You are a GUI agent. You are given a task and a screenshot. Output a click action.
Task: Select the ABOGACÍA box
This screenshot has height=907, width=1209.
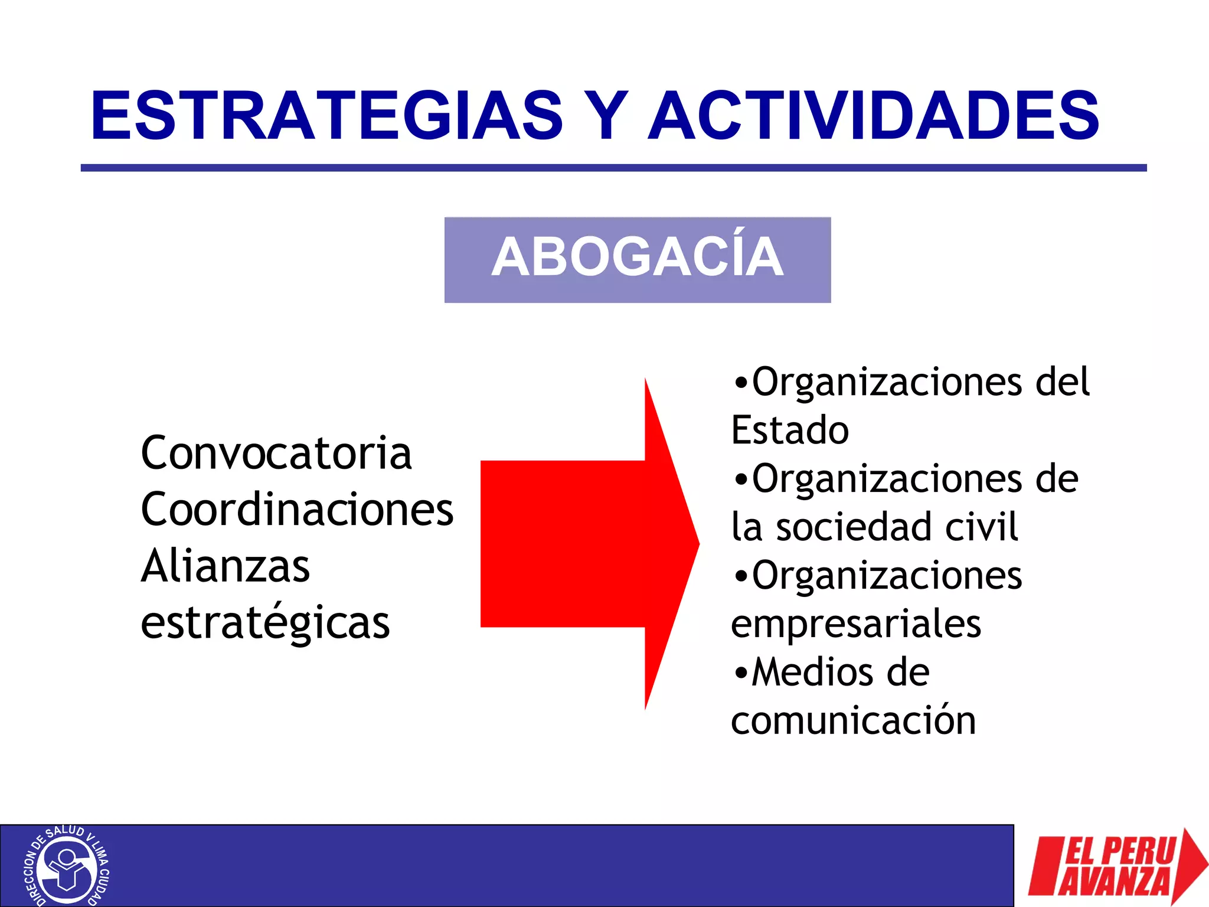[638, 260]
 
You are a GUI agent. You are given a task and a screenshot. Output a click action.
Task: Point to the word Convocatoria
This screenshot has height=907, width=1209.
[276, 453]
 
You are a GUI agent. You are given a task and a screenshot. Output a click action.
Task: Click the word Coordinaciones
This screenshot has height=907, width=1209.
[297, 510]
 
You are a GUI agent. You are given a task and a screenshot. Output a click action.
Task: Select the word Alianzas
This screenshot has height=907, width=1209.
[226, 566]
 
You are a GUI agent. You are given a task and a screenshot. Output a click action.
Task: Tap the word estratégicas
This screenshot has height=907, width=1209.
[266, 624]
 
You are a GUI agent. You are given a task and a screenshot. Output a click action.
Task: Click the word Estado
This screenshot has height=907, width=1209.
[790, 430]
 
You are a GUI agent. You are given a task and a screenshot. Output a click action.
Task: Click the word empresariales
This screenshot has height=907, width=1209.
[856, 624]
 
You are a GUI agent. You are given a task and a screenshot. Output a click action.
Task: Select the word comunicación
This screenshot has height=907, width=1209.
[854, 722]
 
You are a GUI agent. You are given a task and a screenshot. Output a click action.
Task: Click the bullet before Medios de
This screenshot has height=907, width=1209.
[740, 673]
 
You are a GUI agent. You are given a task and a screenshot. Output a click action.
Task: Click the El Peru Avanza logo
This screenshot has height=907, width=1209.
[1116, 866]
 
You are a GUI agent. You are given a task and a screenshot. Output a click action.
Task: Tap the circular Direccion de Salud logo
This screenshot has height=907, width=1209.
[66, 866]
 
